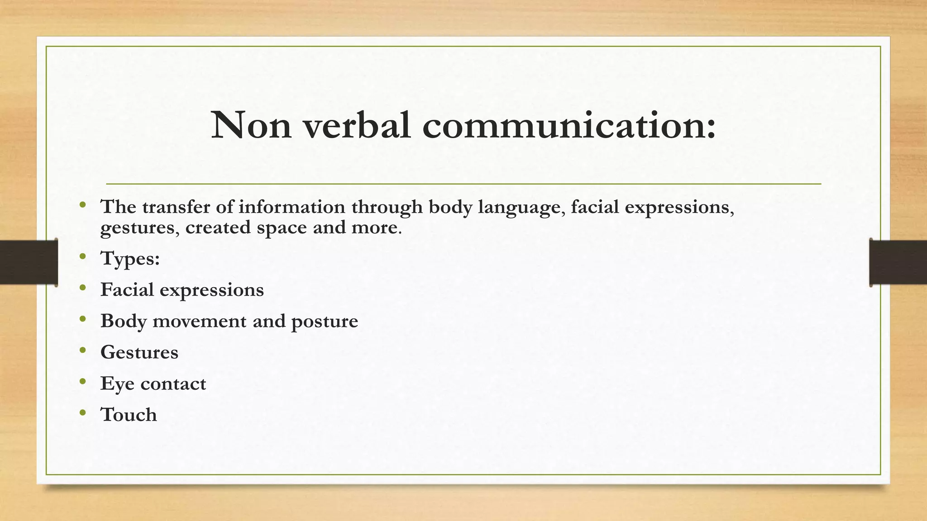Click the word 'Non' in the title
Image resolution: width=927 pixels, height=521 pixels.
pos(251,125)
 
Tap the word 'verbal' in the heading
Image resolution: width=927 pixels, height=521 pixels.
pos(357,125)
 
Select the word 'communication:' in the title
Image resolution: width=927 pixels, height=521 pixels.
pos(569,125)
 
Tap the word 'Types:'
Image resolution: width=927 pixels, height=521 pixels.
pos(130,259)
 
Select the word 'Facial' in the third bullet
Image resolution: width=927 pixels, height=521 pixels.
pos(127,289)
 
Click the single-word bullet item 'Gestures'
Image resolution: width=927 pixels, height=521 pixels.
pos(139,353)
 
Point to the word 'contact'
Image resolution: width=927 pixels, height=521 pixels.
pos(173,384)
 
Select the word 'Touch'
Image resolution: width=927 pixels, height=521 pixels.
pos(129,415)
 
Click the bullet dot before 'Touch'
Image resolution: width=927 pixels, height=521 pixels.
pos(82,412)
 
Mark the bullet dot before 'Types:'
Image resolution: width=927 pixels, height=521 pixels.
pos(82,256)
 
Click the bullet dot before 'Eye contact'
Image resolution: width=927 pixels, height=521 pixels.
pos(82,381)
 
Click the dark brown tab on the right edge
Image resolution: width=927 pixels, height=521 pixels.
pos(898,262)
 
